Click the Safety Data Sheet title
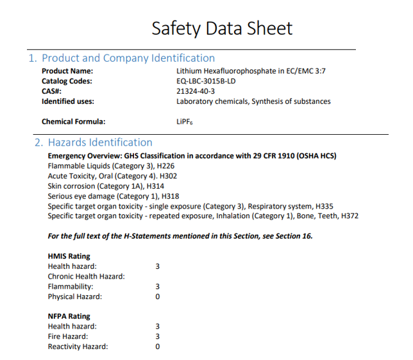coord(222,28)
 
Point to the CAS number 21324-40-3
coord(196,91)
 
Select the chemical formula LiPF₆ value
coord(184,121)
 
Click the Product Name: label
coord(67,71)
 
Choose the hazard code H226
coord(166,166)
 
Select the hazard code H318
coord(171,196)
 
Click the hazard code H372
coord(350,216)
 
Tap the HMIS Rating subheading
coord(69,256)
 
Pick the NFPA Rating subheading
coord(69,316)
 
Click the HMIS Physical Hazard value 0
coord(158,296)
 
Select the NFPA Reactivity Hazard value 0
coord(158,347)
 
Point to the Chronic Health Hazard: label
coord(86,277)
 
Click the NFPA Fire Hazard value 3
coord(158,336)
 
